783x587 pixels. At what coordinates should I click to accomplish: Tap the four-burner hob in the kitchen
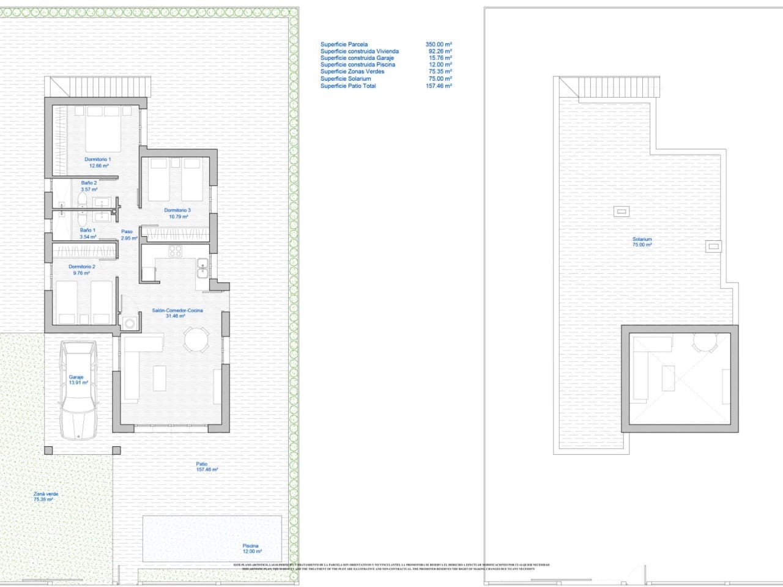coord(175,251)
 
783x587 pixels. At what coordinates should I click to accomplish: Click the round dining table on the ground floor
coord(196,338)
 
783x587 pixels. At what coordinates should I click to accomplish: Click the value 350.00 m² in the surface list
coord(439,45)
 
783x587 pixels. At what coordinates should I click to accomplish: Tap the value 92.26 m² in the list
coord(440,51)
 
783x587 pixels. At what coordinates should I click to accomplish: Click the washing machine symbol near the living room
coord(129,323)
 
